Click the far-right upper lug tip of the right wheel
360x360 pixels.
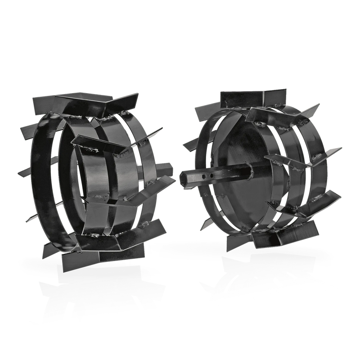point(315,108)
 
